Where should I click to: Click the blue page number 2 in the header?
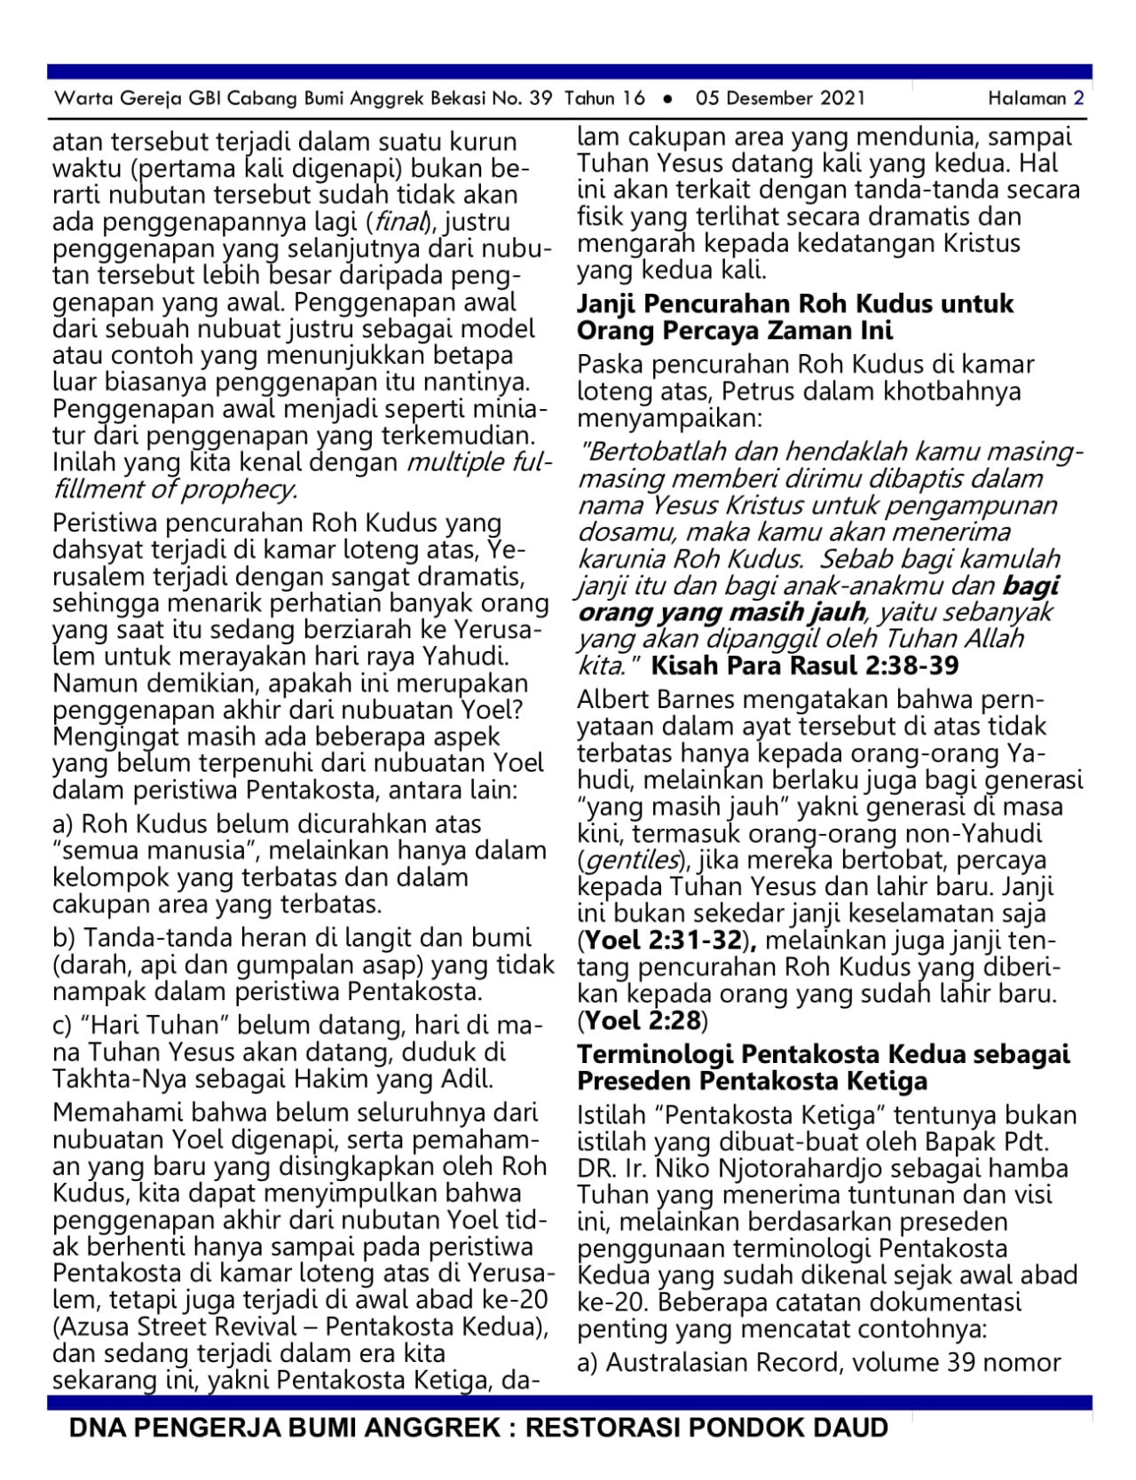pos(1078,98)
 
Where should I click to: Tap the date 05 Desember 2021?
pos(780,98)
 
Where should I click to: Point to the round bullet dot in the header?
pos(668,99)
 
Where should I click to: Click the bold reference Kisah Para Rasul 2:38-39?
pos(805,665)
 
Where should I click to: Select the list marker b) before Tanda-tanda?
pos(64,939)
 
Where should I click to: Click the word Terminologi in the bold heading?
pos(656,1055)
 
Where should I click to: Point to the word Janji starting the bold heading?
pos(607,304)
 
